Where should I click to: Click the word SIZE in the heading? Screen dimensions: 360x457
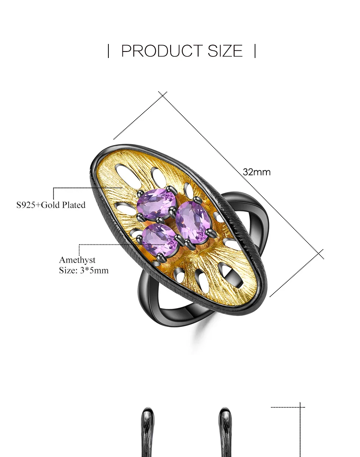pyautogui.click(x=225, y=51)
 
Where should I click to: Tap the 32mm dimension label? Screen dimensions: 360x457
pyautogui.click(x=257, y=172)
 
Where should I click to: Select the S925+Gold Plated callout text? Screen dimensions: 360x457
pyautogui.click(x=51, y=205)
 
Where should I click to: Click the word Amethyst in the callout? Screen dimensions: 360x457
pyautogui.click(x=77, y=260)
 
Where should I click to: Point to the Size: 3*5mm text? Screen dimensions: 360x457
pyautogui.click(x=84, y=270)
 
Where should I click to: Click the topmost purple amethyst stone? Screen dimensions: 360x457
pyautogui.click(x=157, y=204)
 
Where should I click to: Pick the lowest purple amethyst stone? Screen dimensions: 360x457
pyautogui.click(x=160, y=239)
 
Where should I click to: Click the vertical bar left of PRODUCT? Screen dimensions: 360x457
pyautogui.click(x=108, y=51)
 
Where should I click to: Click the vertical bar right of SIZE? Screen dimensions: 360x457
pyautogui.click(x=255, y=51)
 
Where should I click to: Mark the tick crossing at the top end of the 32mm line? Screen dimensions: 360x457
pyautogui.click(x=163, y=95)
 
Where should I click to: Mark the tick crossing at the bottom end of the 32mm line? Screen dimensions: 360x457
pyautogui.click(x=319, y=254)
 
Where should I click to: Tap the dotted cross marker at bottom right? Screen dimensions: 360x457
pyautogui.click(x=300, y=407)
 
